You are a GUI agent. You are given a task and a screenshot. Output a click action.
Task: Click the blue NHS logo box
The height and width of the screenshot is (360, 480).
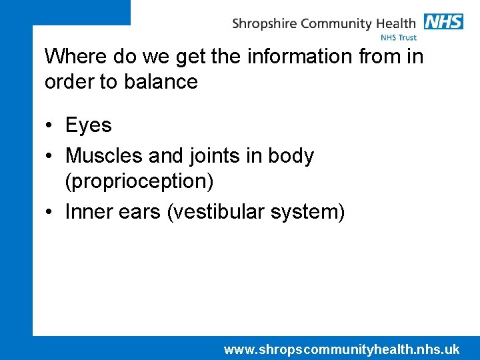pyautogui.click(x=443, y=21)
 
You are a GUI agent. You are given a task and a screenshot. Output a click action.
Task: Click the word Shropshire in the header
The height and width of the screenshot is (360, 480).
pyautogui.click(x=265, y=24)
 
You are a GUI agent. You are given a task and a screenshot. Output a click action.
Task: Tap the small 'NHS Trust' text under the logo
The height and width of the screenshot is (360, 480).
pyautogui.click(x=398, y=38)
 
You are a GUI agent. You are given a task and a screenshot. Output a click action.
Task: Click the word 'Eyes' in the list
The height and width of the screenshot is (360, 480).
pyautogui.click(x=89, y=125)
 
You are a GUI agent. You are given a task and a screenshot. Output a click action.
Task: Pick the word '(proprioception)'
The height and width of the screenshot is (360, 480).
pyautogui.click(x=139, y=181)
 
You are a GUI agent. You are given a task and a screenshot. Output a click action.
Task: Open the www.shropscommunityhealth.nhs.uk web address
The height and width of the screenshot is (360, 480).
pyautogui.click(x=341, y=349)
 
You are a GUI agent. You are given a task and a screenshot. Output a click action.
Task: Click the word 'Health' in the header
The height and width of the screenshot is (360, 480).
pyautogui.click(x=395, y=23)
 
